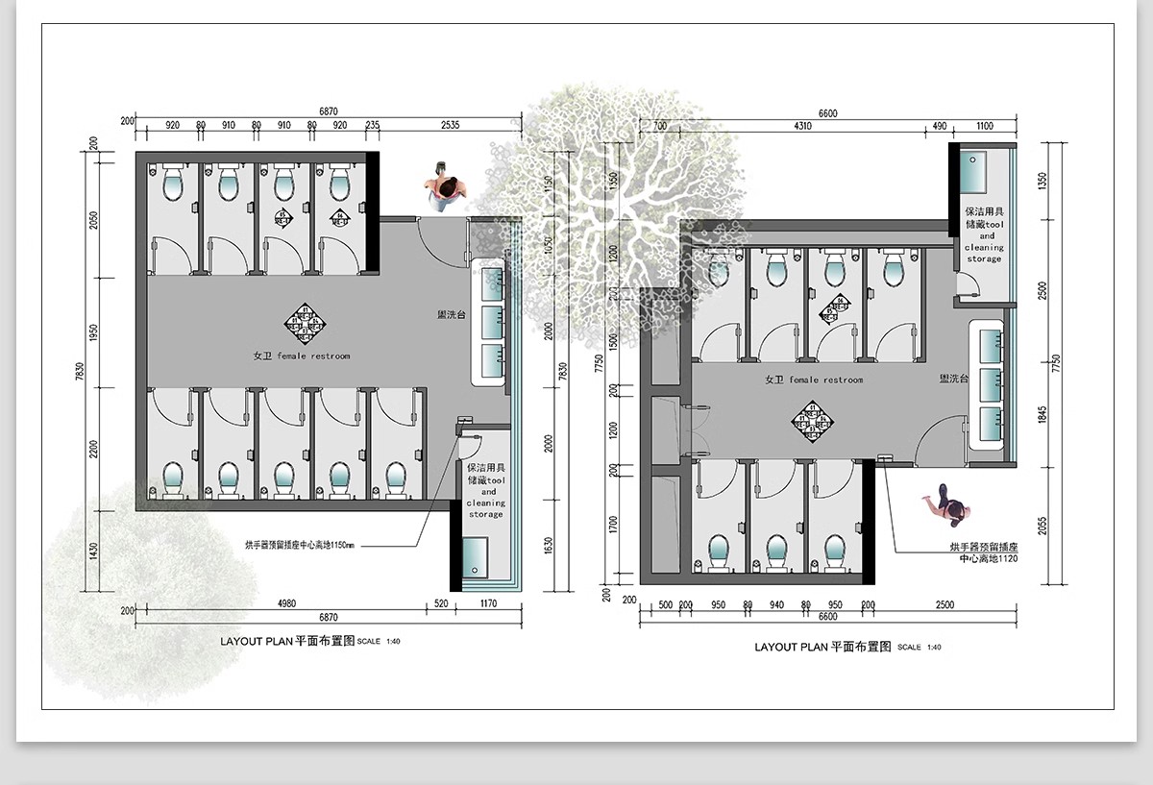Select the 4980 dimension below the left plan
coord(286,603)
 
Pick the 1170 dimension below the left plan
coord(487,603)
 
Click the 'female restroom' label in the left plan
coord(301,356)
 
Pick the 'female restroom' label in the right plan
coord(813,380)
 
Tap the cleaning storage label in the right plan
coord(985,235)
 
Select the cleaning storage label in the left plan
coord(485,490)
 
